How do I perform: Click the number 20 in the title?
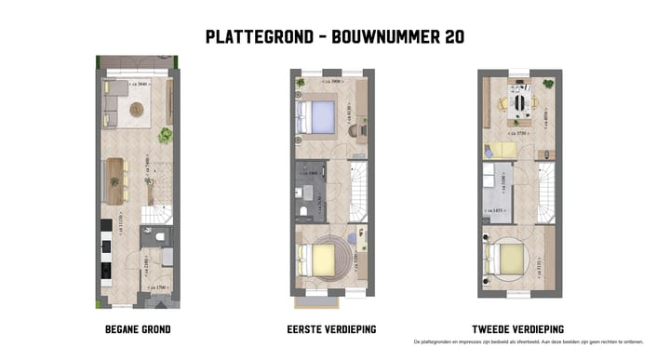tap(450, 37)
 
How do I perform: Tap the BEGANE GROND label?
tap(138, 329)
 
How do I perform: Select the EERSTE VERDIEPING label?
tap(330, 329)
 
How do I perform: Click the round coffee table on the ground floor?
tap(137, 110)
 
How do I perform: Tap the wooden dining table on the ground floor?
tap(116, 180)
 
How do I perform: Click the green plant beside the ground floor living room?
tap(165, 136)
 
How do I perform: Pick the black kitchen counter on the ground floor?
tap(106, 251)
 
